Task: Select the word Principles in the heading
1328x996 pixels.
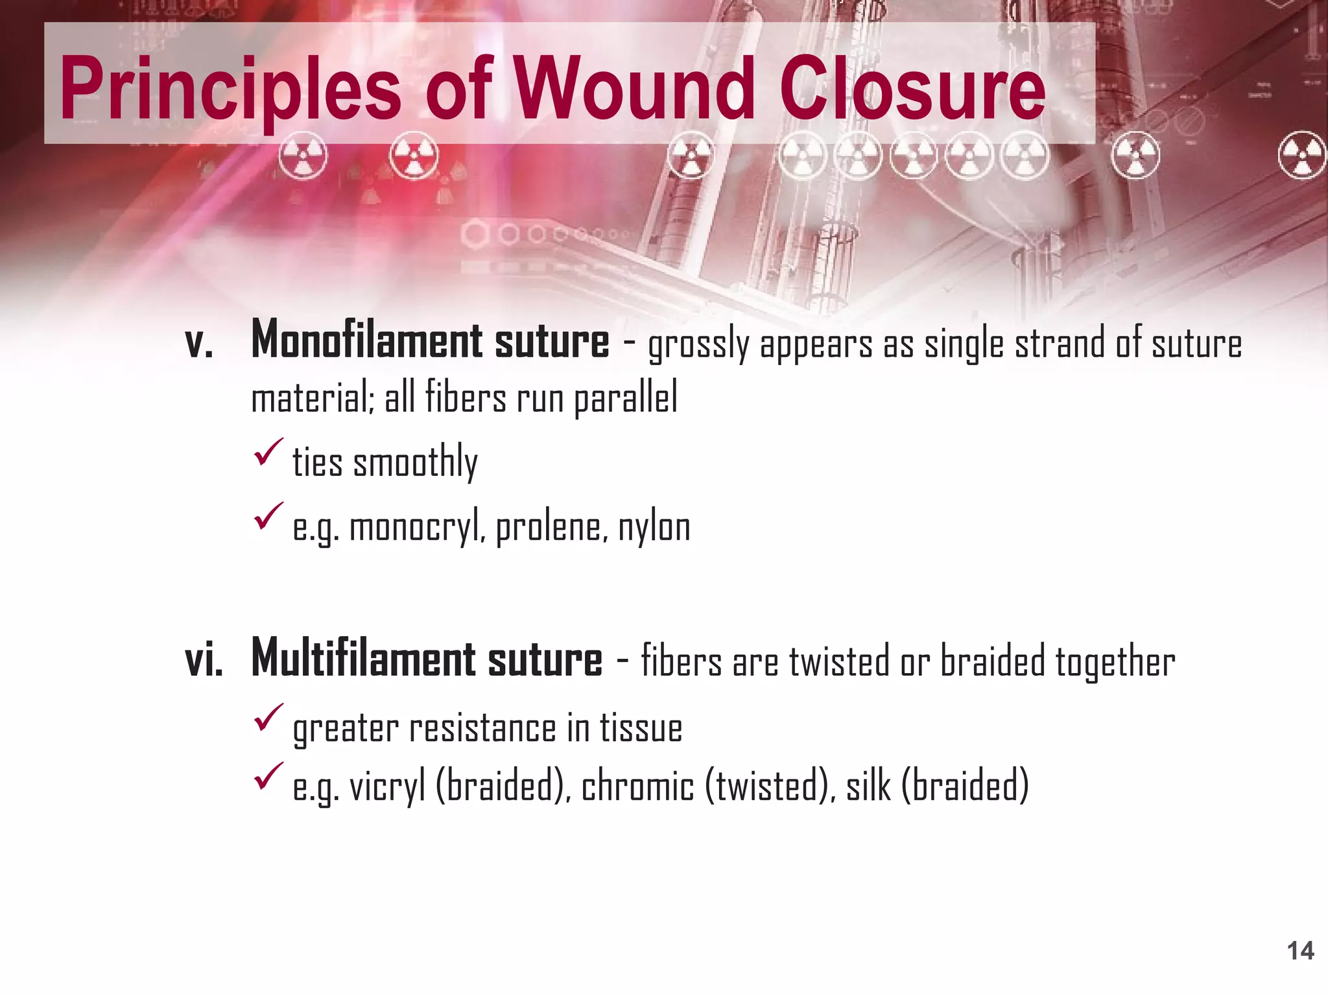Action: pyautogui.click(x=230, y=89)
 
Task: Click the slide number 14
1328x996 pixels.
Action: pyautogui.click(x=1300, y=951)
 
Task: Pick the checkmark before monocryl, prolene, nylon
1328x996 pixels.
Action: pyautogui.click(x=268, y=516)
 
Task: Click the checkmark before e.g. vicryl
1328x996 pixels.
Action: pyautogui.click(x=268, y=776)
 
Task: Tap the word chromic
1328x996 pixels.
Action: pyautogui.click(x=637, y=787)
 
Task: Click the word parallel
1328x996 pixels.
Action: pyautogui.click(x=626, y=398)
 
